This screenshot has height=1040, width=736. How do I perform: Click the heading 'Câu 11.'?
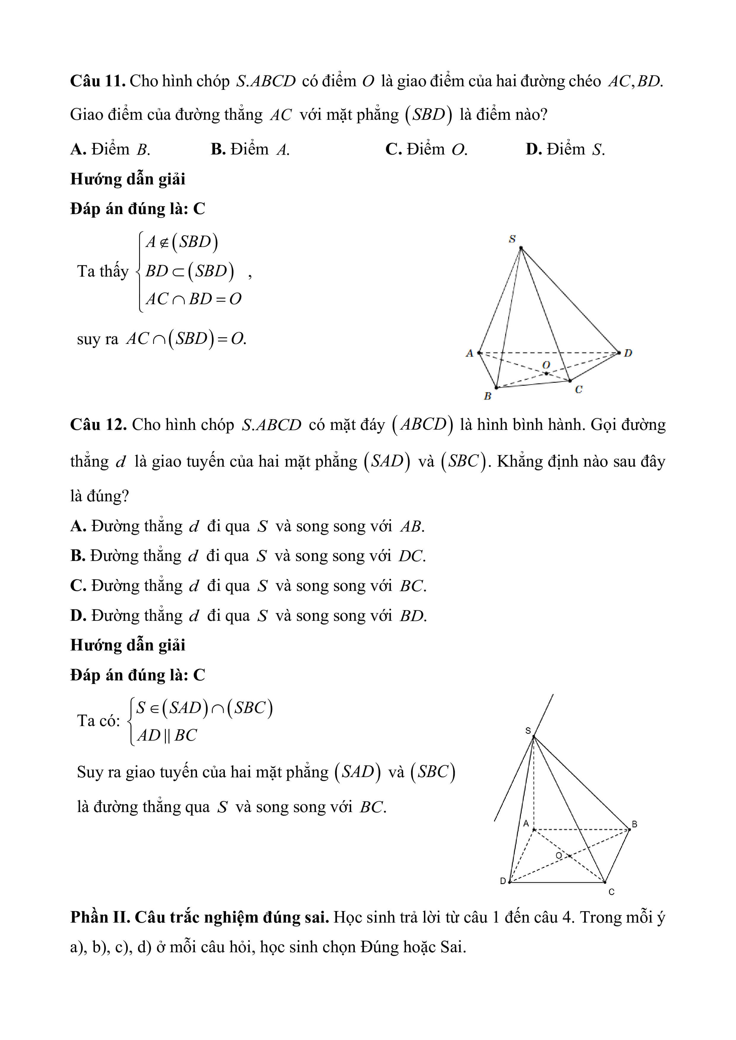97,81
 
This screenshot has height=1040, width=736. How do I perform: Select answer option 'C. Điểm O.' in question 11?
426,149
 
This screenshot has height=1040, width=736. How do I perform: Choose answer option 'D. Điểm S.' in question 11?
565,149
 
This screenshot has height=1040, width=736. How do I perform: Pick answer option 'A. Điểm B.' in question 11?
110,149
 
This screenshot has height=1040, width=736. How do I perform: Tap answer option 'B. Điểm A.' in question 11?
250,149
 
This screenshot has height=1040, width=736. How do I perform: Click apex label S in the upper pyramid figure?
512,239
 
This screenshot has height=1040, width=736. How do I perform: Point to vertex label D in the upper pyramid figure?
628,353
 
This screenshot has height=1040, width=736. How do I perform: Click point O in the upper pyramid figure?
546,373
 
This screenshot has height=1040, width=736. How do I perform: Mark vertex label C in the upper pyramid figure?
579,389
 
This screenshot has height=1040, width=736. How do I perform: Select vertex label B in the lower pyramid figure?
635,824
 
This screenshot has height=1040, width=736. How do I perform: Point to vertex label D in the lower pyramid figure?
503,881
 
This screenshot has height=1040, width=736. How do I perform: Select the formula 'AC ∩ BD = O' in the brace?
193,299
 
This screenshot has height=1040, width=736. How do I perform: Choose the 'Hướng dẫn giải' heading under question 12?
128,645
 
